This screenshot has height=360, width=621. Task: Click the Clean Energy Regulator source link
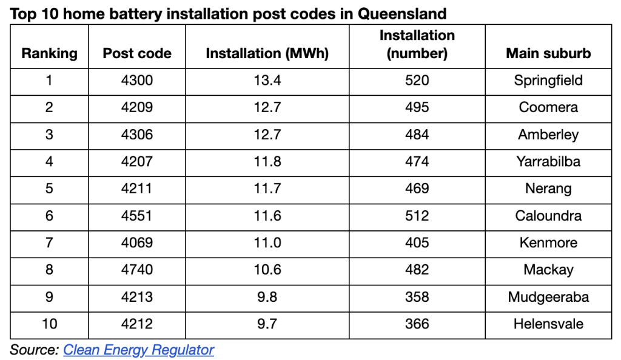(x=138, y=350)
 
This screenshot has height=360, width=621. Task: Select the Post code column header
(x=137, y=53)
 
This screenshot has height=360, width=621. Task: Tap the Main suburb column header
(x=548, y=53)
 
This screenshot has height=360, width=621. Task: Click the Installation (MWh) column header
(x=267, y=53)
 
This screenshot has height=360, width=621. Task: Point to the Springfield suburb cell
(x=548, y=81)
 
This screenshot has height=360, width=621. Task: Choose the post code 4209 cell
(x=137, y=107)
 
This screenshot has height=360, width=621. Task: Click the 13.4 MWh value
(x=267, y=81)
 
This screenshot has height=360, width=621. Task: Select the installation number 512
(x=417, y=216)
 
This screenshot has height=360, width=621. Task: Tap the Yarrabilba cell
(x=548, y=161)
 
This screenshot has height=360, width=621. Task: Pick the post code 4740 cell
(x=137, y=270)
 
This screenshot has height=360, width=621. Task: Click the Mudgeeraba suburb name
(x=548, y=297)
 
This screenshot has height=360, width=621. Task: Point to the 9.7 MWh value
(x=267, y=324)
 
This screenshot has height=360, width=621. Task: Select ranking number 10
(x=49, y=324)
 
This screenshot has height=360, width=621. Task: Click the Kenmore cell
(x=548, y=243)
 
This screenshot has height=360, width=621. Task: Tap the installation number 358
(x=417, y=297)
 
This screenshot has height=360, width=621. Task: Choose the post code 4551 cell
(x=137, y=216)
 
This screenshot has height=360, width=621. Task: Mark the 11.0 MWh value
(x=267, y=243)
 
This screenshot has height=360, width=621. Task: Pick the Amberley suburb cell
(x=548, y=135)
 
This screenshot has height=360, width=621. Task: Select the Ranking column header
(x=49, y=53)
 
